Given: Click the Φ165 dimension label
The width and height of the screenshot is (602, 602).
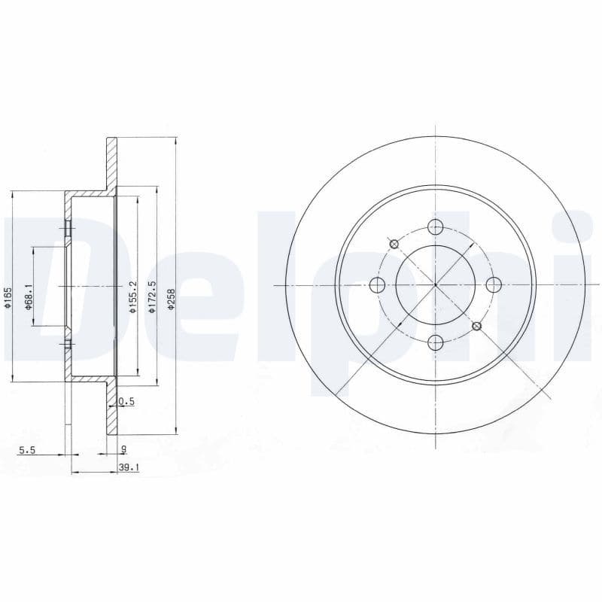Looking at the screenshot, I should [x=8, y=296].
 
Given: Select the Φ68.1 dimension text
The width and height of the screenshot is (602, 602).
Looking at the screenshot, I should [x=29, y=294].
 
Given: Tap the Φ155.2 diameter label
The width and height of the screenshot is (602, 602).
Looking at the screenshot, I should [x=132, y=296].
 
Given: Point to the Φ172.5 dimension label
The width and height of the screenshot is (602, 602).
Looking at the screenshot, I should [x=151, y=296].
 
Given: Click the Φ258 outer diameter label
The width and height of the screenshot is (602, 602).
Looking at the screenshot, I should [x=172, y=296].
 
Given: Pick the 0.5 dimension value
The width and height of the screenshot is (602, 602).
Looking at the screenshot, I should [x=126, y=402].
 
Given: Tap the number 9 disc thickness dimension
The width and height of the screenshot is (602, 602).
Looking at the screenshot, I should [x=123, y=450].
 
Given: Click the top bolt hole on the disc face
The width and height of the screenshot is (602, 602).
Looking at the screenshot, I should [x=435, y=227].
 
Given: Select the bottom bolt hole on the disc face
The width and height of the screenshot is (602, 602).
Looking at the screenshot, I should [x=435, y=343].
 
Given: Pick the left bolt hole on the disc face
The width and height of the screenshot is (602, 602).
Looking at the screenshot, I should [x=377, y=285].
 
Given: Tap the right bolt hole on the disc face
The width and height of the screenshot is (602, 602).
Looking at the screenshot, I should [x=494, y=284].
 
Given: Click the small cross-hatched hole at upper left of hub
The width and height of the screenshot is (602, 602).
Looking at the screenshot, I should [x=394, y=243].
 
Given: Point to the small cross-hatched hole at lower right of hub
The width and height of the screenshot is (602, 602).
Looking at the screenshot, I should [x=476, y=326].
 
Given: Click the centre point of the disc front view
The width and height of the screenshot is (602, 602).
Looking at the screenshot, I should [x=435, y=285].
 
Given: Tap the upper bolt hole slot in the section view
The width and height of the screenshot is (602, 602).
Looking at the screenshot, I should [x=68, y=227].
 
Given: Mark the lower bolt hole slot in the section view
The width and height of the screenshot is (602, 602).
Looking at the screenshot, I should [x=68, y=345].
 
